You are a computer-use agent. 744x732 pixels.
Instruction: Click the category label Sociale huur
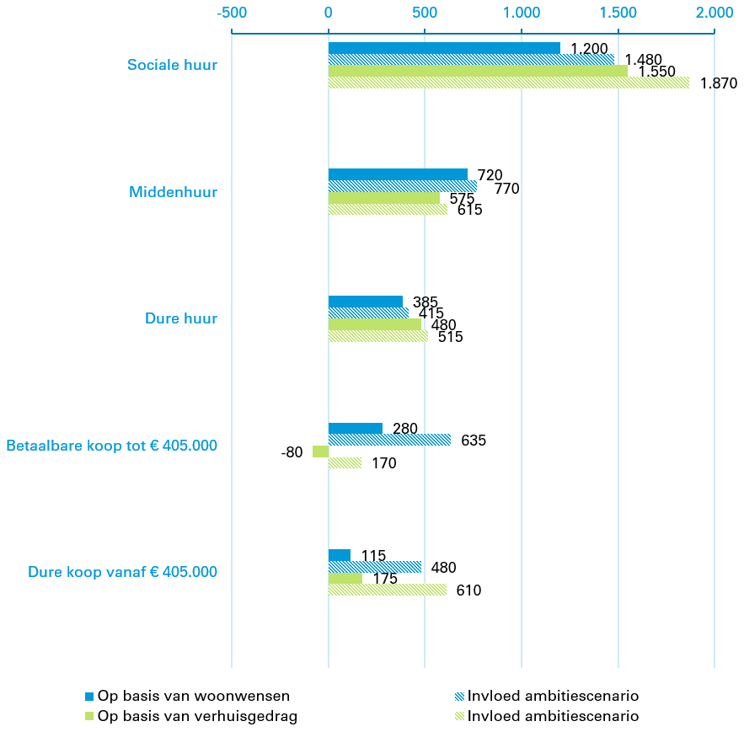point(172,65)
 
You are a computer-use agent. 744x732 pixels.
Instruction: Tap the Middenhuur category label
point(173,192)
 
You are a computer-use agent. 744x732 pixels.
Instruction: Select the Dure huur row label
point(181,318)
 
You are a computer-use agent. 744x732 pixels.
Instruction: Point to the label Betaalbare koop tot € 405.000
point(111,446)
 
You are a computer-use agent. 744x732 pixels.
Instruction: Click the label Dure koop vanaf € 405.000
point(122,572)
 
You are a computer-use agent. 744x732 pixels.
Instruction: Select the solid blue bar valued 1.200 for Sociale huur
point(444,48)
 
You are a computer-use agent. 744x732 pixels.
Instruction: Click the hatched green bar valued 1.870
point(508,83)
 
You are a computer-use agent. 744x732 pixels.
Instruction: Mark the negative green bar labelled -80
point(320,451)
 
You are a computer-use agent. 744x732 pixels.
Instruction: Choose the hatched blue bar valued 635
point(389,440)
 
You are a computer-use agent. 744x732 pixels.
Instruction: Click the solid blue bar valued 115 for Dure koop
point(339,555)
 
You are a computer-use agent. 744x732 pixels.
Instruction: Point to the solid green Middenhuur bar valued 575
point(383,198)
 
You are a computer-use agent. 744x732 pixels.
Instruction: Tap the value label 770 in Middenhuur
point(506,189)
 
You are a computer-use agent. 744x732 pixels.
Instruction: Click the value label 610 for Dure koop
point(468,590)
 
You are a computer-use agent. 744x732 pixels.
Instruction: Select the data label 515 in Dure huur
point(450,337)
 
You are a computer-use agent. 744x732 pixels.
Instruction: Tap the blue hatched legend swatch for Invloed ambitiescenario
point(458,696)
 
